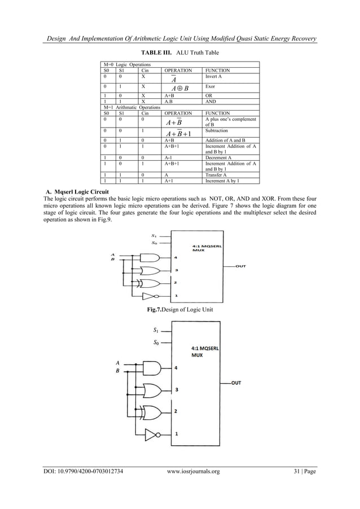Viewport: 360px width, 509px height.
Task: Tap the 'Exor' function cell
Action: pyautogui.click(x=210, y=87)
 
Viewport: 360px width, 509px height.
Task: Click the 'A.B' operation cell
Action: pyautogui.click(x=169, y=102)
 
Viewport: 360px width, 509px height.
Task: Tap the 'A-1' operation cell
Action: pyautogui.click(x=169, y=159)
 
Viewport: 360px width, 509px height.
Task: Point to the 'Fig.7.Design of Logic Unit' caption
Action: pyautogui.click(x=180, y=309)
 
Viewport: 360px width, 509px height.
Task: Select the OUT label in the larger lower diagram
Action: pyautogui.click(x=237, y=383)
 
